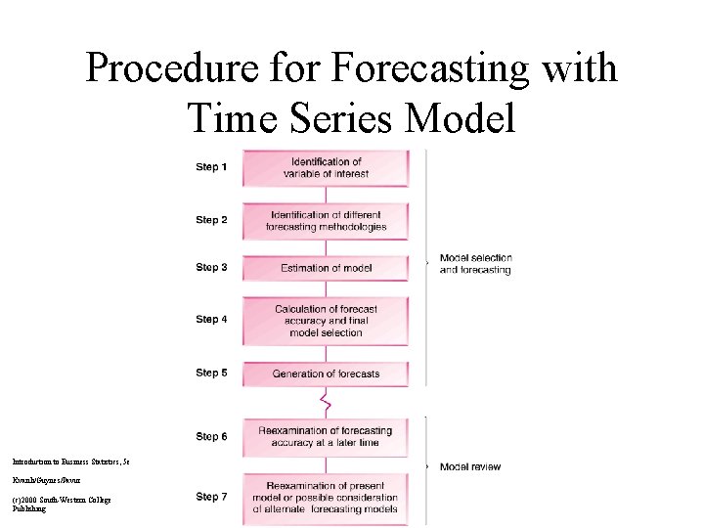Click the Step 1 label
point(211,167)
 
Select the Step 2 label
point(211,220)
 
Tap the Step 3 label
point(211,267)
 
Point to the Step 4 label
point(211,320)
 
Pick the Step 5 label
point(211,373)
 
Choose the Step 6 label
point(211,436)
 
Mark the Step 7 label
point(211,497)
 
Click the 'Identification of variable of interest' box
point(326,167)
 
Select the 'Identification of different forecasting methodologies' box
point(326,220)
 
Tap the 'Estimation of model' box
point(326,267)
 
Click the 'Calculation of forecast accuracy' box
point(326,320)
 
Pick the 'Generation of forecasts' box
point(326,373)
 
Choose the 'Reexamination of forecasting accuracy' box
point(326,436)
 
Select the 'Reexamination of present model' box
point(326,497)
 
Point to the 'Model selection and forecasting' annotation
point(475,264)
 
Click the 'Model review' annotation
point(469,467)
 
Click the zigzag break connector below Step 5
point(327,401)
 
